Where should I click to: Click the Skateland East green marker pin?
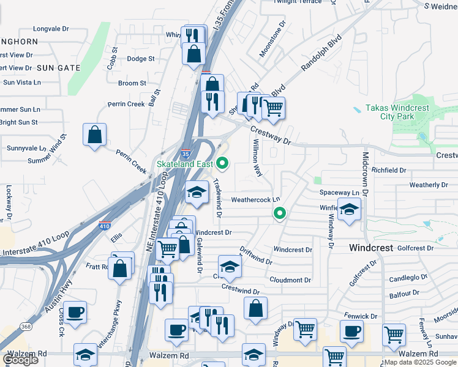223,163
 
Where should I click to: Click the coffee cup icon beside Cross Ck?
75,313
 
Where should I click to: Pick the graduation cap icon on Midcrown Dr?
349,210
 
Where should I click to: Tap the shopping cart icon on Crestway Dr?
273,109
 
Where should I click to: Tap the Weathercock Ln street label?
255,199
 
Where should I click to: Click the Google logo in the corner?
20,360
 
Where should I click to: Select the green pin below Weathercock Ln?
280,213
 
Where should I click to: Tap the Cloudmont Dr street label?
290,280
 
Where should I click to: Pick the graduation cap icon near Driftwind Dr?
230,267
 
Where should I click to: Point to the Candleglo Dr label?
407,278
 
